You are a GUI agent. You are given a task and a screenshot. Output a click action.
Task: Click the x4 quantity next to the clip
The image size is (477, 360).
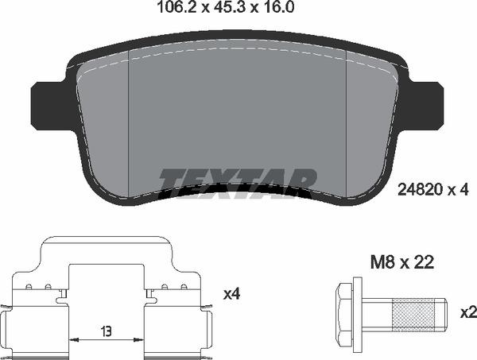point(231,295)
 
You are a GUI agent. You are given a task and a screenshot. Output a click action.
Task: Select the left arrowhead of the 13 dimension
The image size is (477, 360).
point(74,339)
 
